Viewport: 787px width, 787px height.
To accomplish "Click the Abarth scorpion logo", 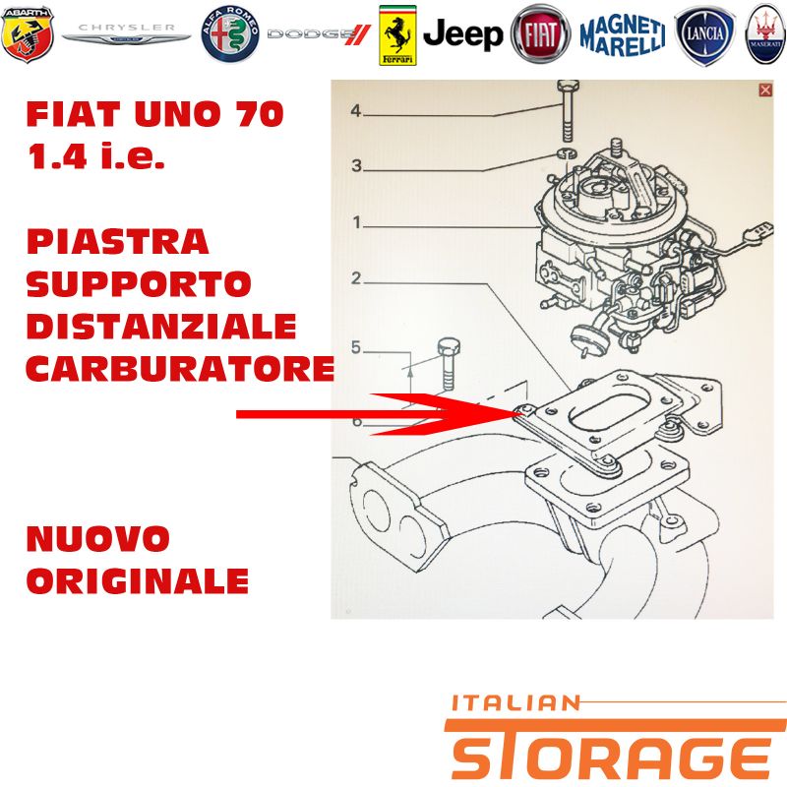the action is click(28, 34).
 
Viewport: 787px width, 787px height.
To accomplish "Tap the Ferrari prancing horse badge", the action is click(397, 35).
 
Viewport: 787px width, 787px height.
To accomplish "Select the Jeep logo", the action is click(462, 34).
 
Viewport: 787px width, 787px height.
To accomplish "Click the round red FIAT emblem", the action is click(540, 34).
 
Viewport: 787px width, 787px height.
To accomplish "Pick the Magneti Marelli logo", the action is click(623, 34).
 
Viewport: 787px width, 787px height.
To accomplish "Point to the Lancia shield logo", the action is click(704, 35).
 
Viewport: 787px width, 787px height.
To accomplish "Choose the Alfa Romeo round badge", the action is click(230, 34).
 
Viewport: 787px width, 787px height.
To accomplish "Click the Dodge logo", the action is click(319, 34).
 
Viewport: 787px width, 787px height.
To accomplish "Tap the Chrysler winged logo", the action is click(127, 33).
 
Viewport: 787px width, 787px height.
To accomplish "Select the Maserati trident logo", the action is click(766, 34).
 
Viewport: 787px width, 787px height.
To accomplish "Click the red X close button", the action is click(765, 90).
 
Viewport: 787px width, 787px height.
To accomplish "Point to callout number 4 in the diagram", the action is click(356, 110).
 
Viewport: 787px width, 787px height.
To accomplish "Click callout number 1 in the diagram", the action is click(357, 222).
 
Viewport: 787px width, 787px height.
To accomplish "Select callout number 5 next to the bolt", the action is click(356, 347).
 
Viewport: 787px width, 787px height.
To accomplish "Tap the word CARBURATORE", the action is click(181, 369).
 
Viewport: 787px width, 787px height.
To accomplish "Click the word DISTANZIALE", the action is click(161, 327).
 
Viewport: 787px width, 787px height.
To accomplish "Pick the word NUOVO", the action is click(97, 538).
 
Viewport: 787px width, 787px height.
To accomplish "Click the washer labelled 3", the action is click(567, 152).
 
